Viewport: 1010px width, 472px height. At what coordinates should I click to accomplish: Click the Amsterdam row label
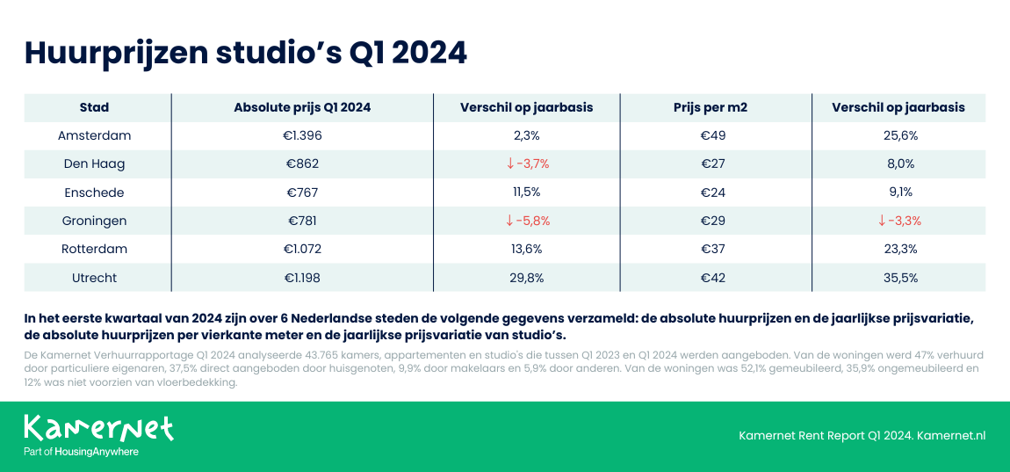(x=94, y=136)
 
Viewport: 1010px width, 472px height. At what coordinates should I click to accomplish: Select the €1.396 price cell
(x=302, y=136)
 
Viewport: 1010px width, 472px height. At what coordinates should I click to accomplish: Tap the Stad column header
(x=94, y=107)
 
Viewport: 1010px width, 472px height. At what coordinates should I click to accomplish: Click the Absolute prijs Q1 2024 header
(x=302, y=107)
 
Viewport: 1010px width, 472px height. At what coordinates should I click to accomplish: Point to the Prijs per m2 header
(x=712, y=107)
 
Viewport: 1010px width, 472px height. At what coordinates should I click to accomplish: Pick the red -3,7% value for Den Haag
(x=527, y=164)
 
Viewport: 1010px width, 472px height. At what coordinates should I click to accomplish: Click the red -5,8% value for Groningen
(x=527, y=221)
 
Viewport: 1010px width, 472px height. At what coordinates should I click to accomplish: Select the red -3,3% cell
(x=898, y=221)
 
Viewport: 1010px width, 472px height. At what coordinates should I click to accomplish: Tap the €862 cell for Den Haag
(x=302, y=164)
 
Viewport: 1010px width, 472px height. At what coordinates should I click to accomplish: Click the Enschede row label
(x=94, y=192)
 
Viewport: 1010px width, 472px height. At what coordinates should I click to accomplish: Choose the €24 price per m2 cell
(x=712, y=192)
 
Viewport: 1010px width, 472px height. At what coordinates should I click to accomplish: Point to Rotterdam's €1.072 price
(x=302, y=249)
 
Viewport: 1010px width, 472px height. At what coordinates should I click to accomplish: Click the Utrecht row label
(x=94, y=278)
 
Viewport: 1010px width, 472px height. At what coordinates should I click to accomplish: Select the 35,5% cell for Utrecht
(x=898, y=278)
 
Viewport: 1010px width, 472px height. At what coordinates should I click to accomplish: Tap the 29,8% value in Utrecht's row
(x=527, y=278)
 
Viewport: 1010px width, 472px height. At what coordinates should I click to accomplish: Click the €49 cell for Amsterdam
(x=712, y=136)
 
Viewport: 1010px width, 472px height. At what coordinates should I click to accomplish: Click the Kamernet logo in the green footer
(x=98, y=428)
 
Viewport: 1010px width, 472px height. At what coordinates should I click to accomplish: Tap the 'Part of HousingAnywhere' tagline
(x=81, y=452)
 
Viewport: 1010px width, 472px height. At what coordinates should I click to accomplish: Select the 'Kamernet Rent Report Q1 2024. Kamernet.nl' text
(x=862, y=436)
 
